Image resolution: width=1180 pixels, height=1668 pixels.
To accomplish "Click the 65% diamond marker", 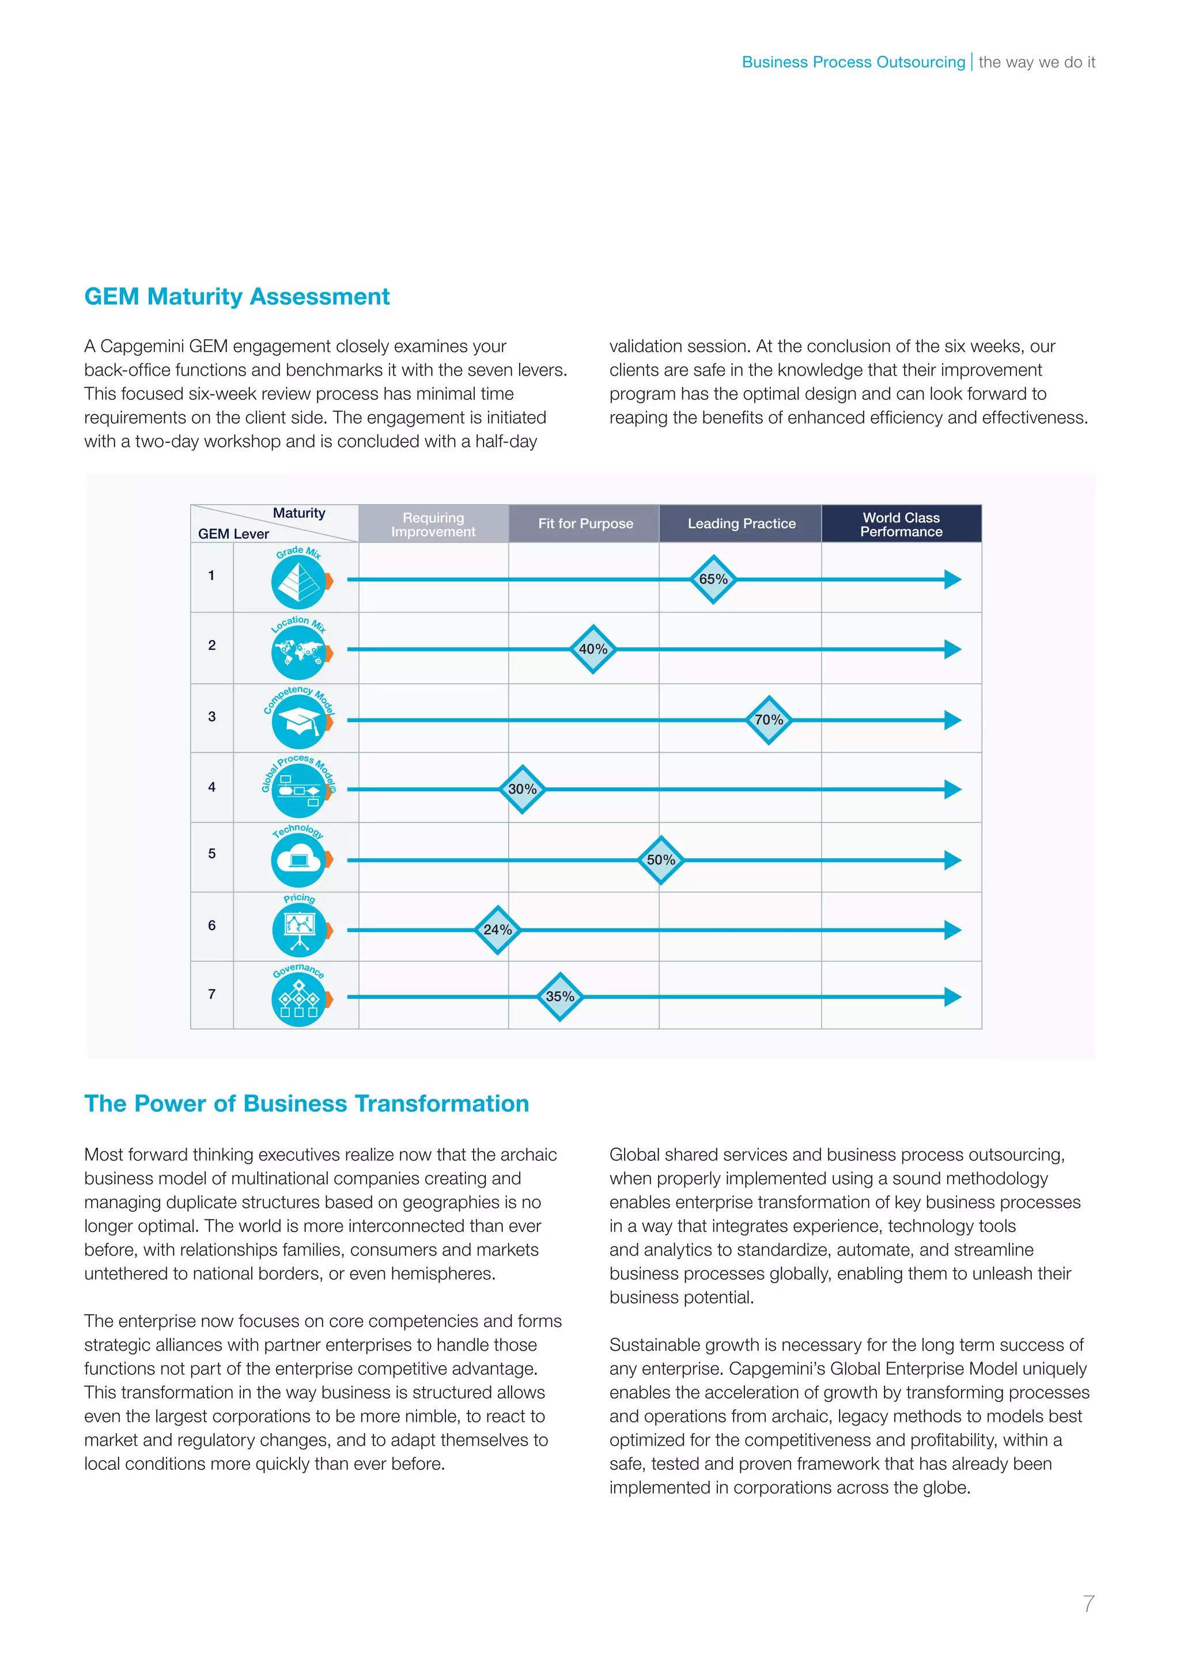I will [713, 579].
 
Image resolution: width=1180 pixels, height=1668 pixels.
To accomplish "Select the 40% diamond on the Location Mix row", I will [593, 649].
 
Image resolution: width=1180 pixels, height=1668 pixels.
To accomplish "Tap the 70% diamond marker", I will [769, 720].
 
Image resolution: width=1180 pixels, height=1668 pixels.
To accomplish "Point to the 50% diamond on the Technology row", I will [660, 859].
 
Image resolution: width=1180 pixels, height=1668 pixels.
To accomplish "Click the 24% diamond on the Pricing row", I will [498, 930].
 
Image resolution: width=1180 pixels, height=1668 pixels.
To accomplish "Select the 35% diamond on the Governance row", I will [559, 997].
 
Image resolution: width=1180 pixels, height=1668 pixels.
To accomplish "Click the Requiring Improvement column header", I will [433, 524].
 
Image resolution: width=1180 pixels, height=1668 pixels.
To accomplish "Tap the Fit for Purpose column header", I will [585, 524].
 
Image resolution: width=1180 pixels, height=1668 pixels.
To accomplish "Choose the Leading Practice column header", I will [741, 524].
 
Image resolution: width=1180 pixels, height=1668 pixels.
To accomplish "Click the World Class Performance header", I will [901, 524].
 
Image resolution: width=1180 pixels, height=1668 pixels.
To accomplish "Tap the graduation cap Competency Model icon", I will [298, 723].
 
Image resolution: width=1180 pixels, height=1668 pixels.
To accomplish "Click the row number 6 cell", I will [211, 926].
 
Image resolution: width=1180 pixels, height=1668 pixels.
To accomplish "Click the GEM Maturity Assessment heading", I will [237, 297].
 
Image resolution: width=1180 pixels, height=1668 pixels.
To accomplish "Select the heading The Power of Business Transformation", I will [306, 1103].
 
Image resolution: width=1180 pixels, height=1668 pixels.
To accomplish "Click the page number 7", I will [1088, 1603].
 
